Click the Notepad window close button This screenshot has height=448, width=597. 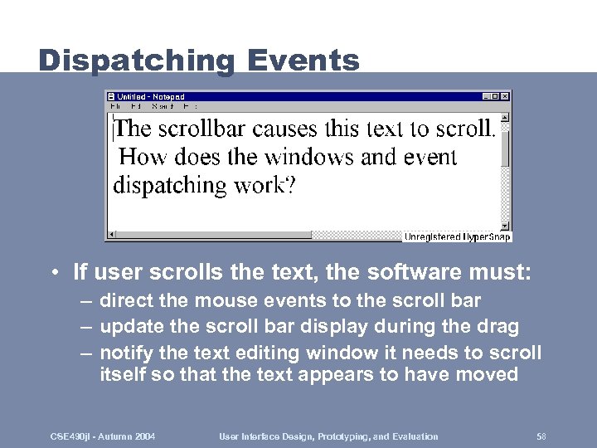(x=505, y=96)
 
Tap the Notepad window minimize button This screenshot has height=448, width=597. (x=487, y=96)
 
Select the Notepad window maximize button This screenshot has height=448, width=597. (x=496, y=96)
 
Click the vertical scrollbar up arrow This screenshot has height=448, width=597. (x=505, y=117)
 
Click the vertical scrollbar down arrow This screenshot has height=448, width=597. (x=505, y=225)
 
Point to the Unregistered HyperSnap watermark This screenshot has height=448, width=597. (x=457, y=237)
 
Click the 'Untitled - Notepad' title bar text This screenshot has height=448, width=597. (x=150, y=96)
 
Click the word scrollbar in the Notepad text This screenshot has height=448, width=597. (x=201, y=129)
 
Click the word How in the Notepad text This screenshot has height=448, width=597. (x=142, y=157)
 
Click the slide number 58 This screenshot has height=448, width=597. (x=541, y=436)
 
